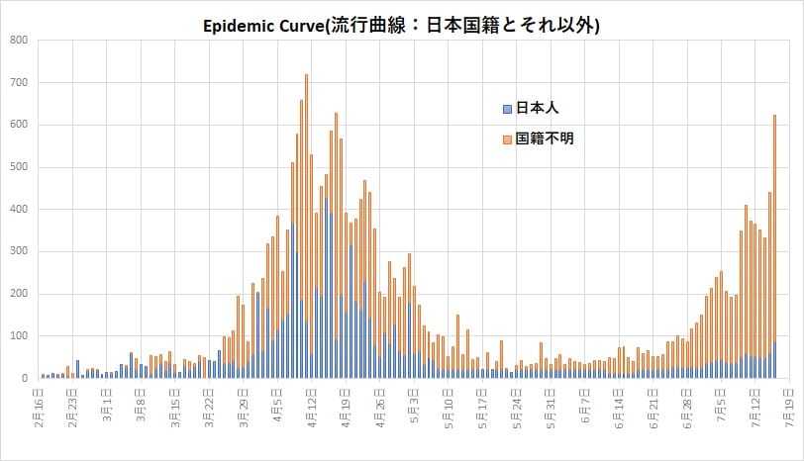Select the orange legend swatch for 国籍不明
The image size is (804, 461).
508,139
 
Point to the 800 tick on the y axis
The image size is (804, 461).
19,41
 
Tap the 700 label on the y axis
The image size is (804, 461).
19,83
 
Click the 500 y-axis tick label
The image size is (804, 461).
19,167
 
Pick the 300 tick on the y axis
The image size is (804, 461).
19,252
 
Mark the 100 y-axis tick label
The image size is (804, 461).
19,336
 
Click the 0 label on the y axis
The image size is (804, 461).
25,379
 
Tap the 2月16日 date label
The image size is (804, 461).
40,406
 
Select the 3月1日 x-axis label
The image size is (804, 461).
108,406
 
